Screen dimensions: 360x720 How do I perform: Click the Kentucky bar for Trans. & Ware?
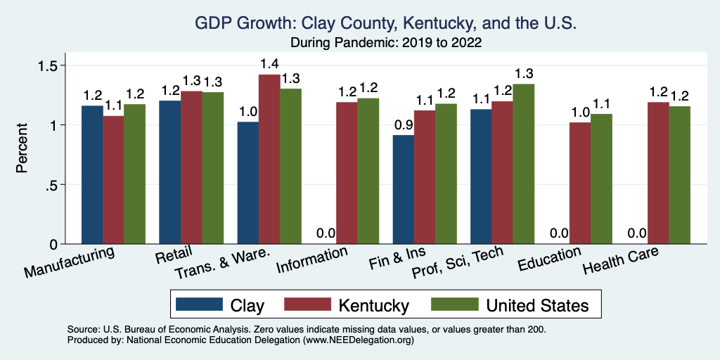[x=269, y=160]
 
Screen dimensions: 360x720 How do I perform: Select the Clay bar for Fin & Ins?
[x=403, y=190]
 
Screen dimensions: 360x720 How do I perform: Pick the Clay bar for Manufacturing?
[x=92, y=175]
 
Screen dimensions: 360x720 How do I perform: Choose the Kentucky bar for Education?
[x=579, y=184]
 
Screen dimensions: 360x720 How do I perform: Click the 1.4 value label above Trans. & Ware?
[x=269, y=65]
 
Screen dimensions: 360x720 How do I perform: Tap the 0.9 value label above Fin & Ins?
[x=403, y=126]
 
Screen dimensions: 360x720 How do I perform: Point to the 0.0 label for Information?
[x=325, y=234]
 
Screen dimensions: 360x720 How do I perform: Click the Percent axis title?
[x=23, y=149]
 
